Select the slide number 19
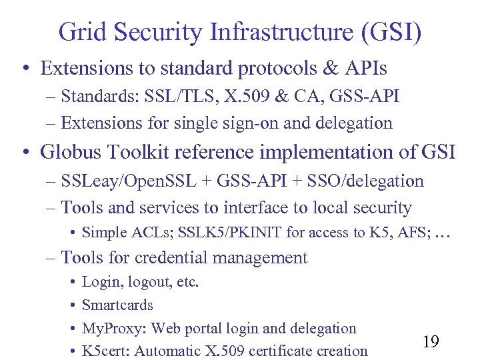431,342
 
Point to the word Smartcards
117,305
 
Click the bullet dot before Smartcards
71,306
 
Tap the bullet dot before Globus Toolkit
25,153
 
